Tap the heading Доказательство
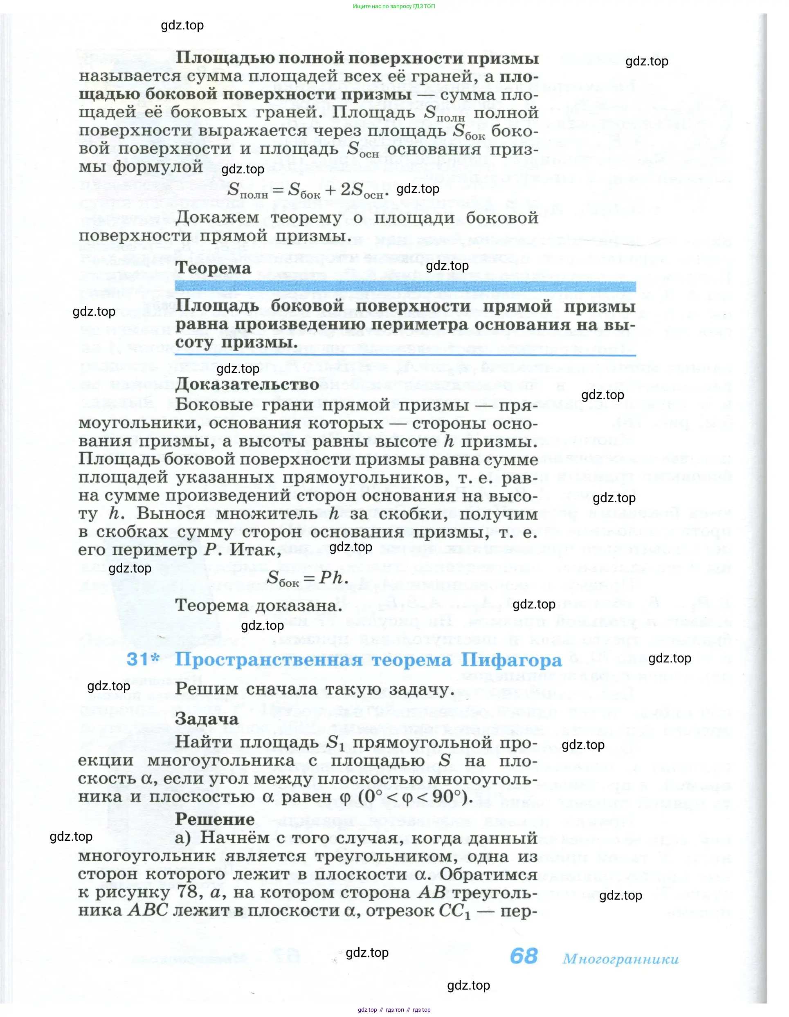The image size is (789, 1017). [247, 384]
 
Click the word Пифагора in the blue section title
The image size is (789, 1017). [511, 660]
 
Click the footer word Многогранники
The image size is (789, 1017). [620, 959]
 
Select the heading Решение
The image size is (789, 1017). [215, 819]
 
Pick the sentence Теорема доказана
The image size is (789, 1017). [259, 605]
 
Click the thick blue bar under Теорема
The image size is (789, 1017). [405, 286]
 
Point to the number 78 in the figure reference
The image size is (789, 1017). [189, 893]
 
